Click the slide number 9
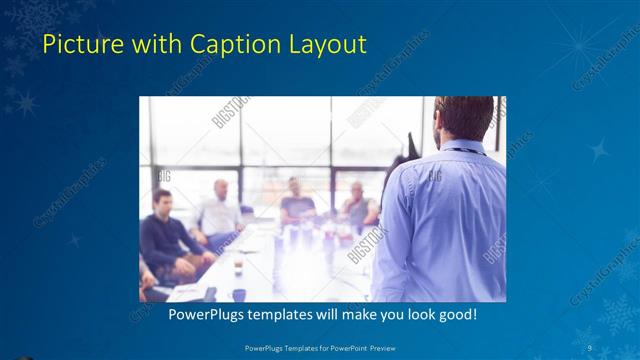point(591,348)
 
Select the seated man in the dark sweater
point(164,235)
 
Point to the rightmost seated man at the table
point(357,205)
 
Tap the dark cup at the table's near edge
point(239,294)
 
